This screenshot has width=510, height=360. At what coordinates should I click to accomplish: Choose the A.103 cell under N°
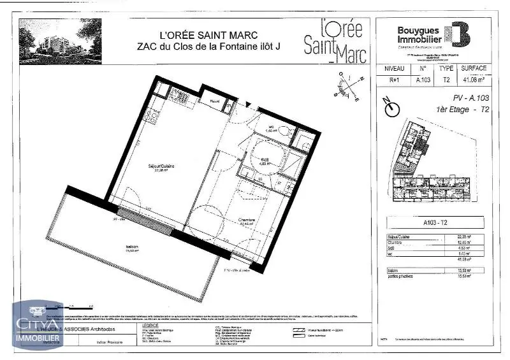[x=422, y=80]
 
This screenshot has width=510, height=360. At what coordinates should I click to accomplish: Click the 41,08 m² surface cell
[x=474, y=80]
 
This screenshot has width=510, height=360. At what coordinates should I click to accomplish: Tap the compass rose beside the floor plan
[x=348, y=87]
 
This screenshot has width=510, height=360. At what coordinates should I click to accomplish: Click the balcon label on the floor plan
[x=133, y=247]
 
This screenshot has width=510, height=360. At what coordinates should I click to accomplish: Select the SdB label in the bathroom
[x=264, y=160]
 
